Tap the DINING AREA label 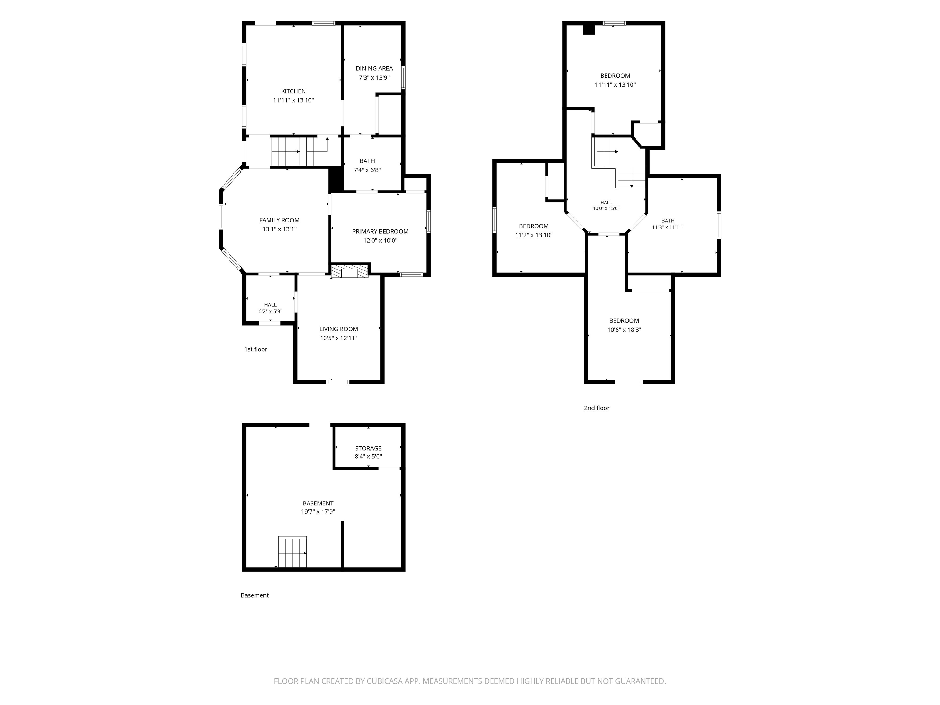pyautogui.click(x=374, y=69)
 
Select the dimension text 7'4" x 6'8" pyautogui.click(x=367, y=170)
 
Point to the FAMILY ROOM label pyautogui.click(x=279, y=220)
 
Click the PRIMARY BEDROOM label pyautogui.click(x=380, y=232)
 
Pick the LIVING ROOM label pyautogui.click(x=339, y=329)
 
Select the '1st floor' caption pyautogui.click(x=256, y=349)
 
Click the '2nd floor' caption pyautogui.click(x=597, y=408)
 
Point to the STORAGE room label pyautogui.click(x=368, y=448)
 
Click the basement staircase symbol pyautogui.click(x=292, y=552)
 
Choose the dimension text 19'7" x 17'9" pyautogui.click(x=318, y=512)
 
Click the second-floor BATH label pyautogui.click(x=668, y=221)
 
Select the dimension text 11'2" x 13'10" pyautogui.click(x=534, y=235)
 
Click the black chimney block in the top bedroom pyautogui.click(x=588, y=28)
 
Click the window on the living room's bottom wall pyautogui.click(x=338, y=382)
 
